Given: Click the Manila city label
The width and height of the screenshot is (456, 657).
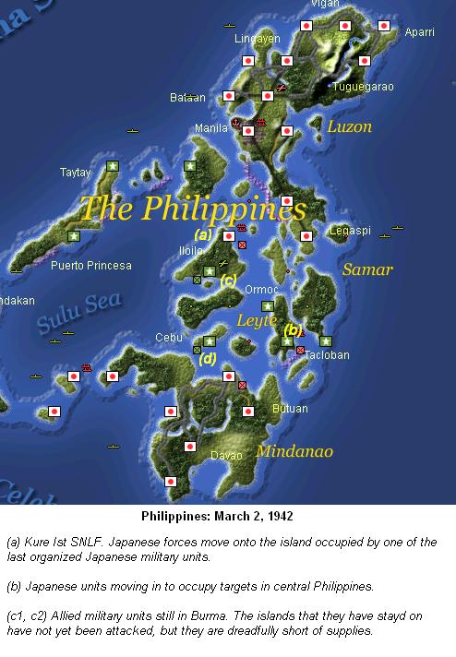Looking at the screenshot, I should pos(211,128).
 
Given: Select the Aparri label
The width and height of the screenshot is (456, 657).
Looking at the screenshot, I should pos(419,32).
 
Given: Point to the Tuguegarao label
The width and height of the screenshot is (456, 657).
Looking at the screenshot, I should pos(363,87).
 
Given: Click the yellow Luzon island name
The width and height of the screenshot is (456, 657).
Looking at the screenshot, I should pos(349,125).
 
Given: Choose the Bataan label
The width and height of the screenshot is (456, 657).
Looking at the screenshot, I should pos(188,97).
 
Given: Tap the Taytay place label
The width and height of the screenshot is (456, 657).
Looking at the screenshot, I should pos(78,172).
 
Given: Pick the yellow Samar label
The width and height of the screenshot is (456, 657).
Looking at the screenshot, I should pos(367,269).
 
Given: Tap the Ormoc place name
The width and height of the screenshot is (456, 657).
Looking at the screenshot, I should pos(261,289).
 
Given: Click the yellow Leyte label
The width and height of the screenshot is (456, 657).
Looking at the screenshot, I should pos(257,321).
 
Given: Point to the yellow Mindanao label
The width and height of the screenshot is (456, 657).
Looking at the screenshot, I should pos(294,451).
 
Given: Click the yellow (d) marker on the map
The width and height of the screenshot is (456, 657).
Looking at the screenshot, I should pos(208,359).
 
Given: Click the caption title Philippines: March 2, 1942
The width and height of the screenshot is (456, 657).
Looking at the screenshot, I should pos(227,515).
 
